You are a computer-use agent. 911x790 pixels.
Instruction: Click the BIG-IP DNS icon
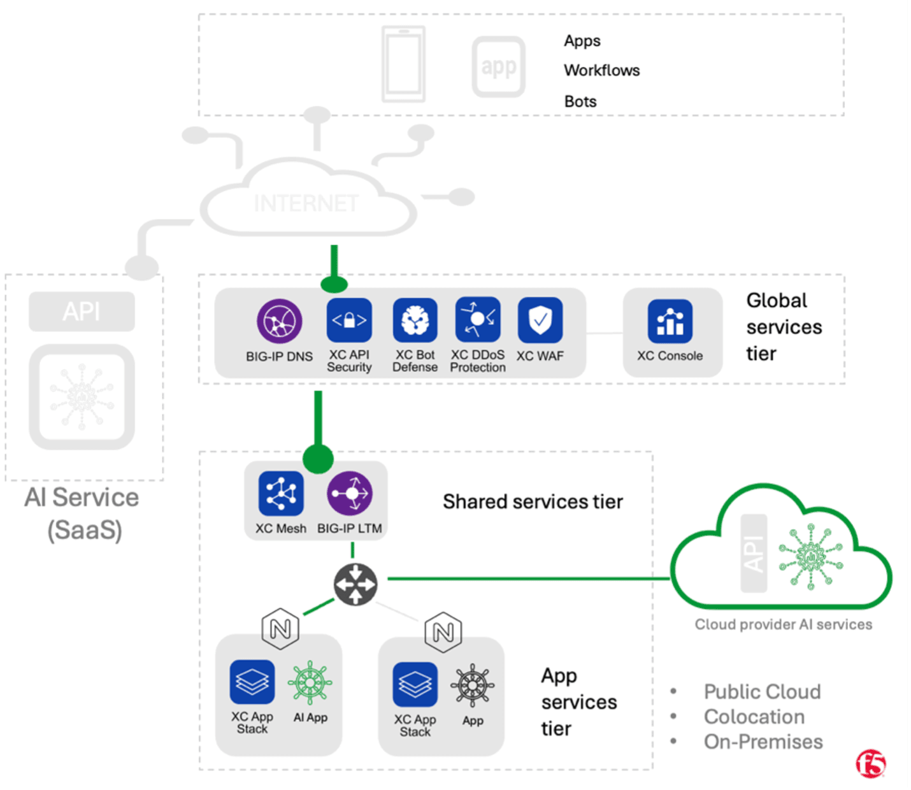[279, 321]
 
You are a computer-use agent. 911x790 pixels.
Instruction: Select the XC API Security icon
[349, 320]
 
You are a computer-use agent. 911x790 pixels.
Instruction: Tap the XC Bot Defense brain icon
[415, 320]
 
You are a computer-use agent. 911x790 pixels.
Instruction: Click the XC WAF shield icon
[540, 320]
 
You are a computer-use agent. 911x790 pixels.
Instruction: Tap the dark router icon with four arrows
[355, 584]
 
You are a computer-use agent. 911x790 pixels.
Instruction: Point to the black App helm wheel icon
[473, 686]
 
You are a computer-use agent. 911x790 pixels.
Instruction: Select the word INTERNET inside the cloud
[306, 203]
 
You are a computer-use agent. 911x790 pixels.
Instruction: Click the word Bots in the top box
[580, 101]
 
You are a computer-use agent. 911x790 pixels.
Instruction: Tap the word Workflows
[601, 70]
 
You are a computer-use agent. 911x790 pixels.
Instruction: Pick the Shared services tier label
[533, 502]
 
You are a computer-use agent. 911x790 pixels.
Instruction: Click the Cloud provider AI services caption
[783, 624]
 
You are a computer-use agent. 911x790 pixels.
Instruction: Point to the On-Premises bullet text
[763, 742]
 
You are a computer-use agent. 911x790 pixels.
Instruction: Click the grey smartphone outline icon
[403, 64]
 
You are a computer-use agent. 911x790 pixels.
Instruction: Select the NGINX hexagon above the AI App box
[280, 629]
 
